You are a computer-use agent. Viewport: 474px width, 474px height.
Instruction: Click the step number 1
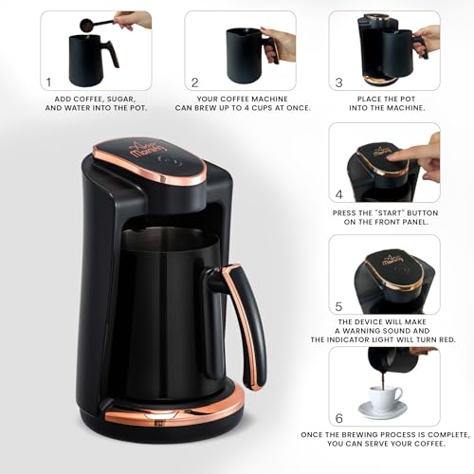tap(48, 82)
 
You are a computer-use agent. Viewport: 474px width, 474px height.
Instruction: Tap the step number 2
tap(195, 82)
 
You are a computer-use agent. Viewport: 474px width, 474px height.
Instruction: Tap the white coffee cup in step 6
tap(383, 397)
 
